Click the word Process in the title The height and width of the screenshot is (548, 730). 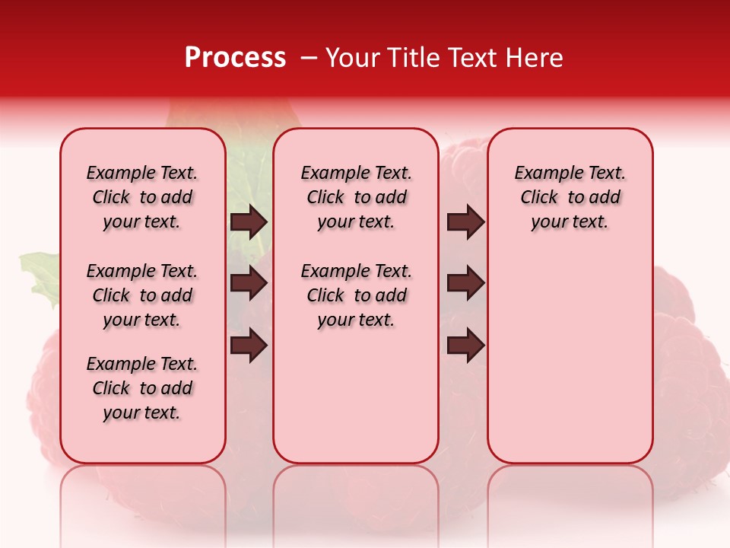[x=235, y=58]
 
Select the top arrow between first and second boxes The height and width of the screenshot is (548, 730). [x=249, y=221]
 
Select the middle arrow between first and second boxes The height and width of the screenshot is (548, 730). [x=249, y=283]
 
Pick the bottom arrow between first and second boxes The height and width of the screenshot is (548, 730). [x=249, y=345]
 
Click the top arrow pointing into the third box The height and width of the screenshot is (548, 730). [x=465, y=221]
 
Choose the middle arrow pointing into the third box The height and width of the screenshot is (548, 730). [x=465, y=283]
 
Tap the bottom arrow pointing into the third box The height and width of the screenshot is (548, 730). [x=465, y=345]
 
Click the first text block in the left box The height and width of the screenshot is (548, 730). [x=142, y=197]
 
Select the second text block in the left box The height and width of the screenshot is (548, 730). [x=142, y=295]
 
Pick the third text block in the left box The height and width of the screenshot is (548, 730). [x=142, y=388]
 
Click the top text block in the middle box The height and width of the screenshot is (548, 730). [x=356, y=197]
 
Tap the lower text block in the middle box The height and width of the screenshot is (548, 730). [x=356, y=295]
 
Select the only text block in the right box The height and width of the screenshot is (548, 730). [x=570, y=197]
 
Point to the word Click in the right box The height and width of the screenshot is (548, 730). [x=539, y=197]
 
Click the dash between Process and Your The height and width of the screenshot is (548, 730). [x=309, y=58]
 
